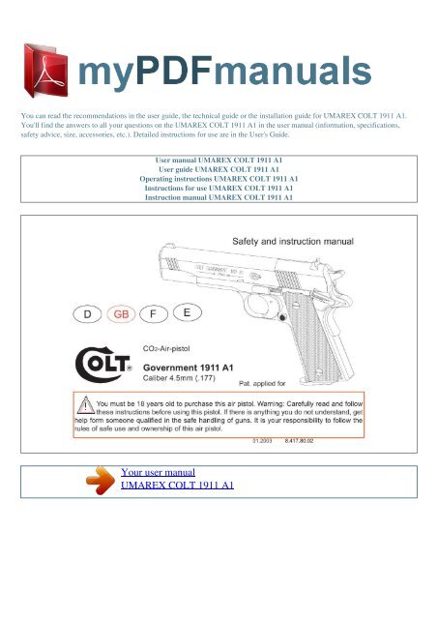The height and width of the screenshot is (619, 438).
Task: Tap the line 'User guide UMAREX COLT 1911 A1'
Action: (219, 169)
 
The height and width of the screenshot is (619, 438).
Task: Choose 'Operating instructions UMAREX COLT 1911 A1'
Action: (219, 180)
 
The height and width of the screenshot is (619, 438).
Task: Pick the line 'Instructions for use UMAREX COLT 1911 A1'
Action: (219, 191)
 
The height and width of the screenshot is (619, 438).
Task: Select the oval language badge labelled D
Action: (89, 315)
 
